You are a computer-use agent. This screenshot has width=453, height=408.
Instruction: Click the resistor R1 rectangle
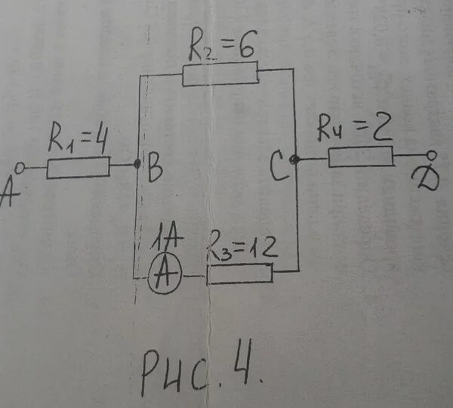coord(79,167)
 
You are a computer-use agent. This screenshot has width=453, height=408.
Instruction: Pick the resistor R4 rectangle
coord(360,157)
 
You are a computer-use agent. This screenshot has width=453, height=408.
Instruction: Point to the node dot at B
coord(137,164)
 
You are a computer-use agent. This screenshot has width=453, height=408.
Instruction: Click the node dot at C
coord(294,159)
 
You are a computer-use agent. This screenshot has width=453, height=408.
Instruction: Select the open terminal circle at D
coord(431,156)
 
